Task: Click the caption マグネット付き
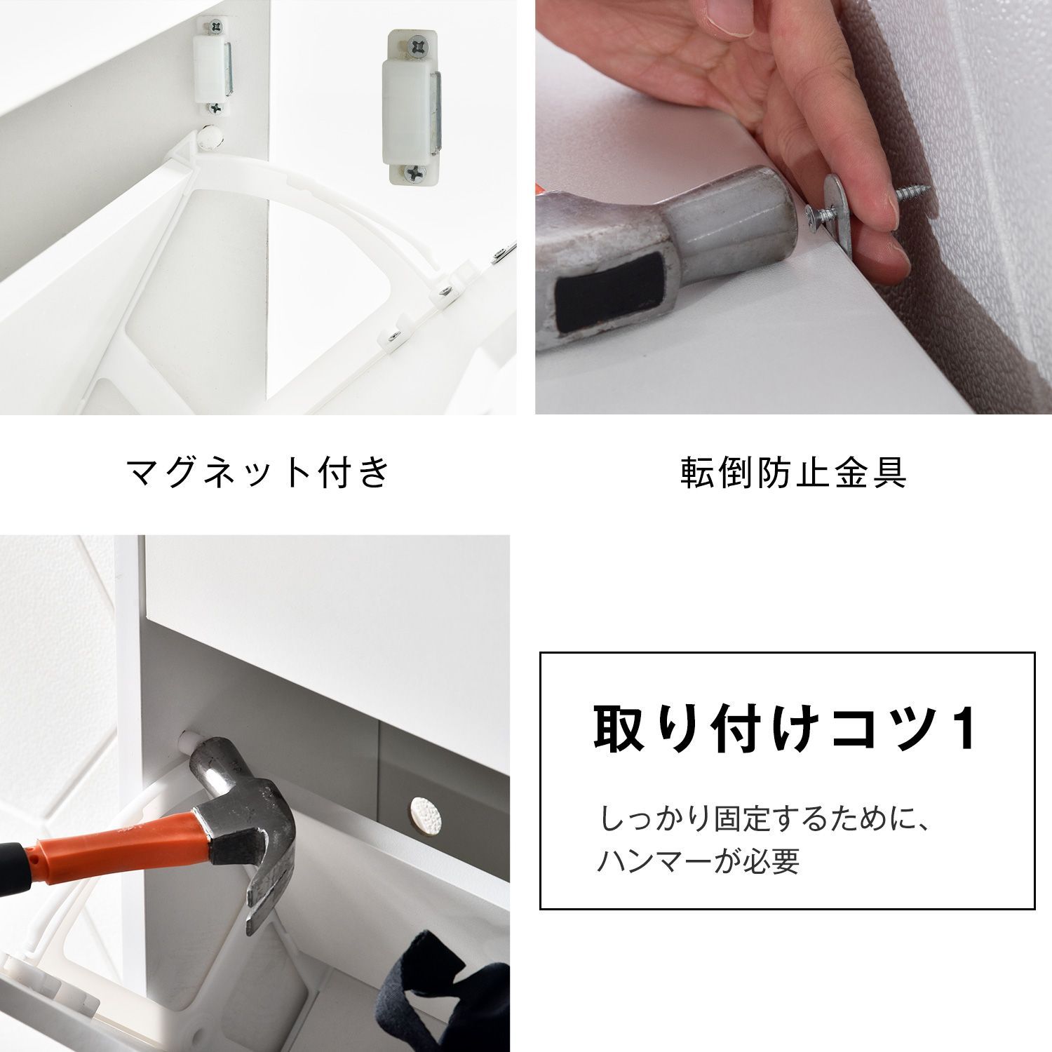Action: (258, 473)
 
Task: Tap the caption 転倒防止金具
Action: (793, 473)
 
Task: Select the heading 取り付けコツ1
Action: (785, 729)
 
